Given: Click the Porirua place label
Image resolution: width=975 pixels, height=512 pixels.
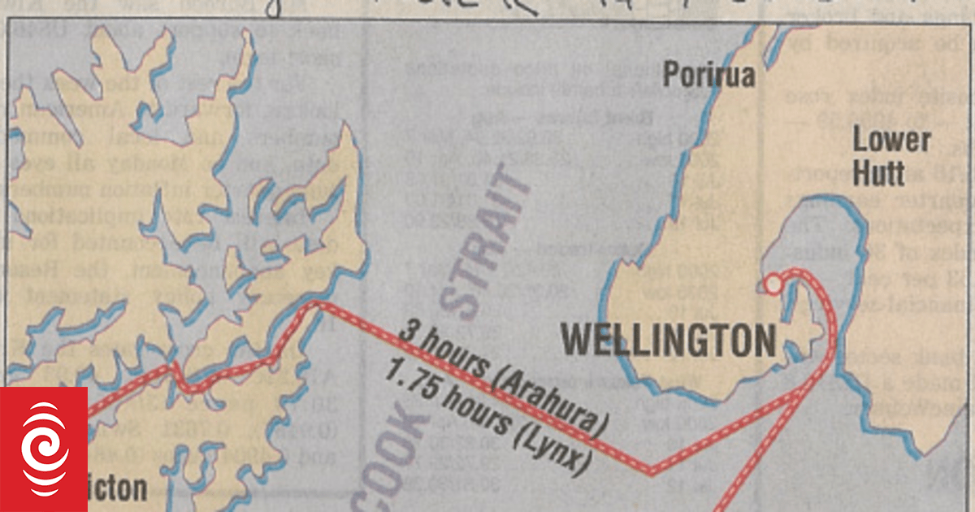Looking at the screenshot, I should click(x=709, y=76).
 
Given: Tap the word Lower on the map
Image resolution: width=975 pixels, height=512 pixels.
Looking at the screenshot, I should click(x=891, y=141).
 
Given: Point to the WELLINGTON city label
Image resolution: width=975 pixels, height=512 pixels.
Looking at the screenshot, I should click(x=668, y=340).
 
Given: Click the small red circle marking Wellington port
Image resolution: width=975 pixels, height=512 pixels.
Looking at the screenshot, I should click(x=773, y=284).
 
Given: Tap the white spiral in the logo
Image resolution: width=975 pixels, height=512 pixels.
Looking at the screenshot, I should click(x=45, y=455).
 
